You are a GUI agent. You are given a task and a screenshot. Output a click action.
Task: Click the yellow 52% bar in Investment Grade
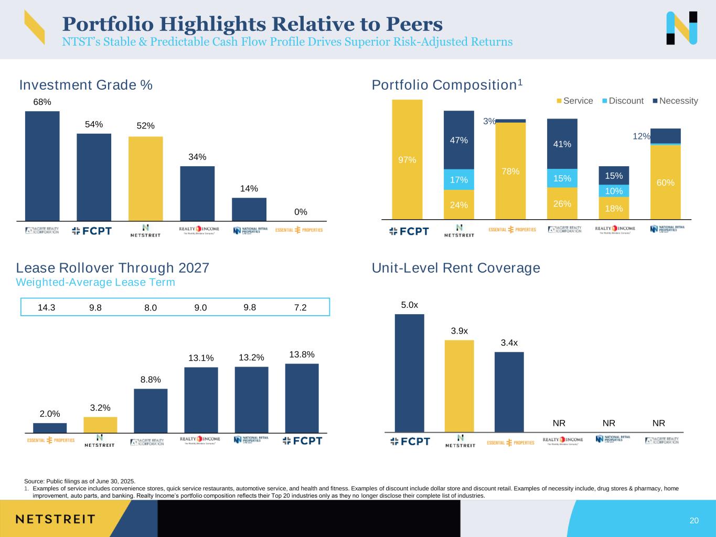(x=145, y=178)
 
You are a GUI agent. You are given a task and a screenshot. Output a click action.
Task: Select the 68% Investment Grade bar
(x=42, y=166)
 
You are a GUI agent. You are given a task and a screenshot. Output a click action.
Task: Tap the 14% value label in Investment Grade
(x=249, y=189)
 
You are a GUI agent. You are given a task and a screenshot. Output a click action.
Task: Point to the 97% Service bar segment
(x=407, y=159)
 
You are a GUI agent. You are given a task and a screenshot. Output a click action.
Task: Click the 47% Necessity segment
(x=458, y=140)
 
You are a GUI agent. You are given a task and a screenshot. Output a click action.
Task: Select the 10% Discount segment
(x=614, y=191)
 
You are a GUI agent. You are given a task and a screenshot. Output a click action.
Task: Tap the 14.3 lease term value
(x=47, y=308)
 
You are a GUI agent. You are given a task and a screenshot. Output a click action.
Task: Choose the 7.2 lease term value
(x=300, y=308)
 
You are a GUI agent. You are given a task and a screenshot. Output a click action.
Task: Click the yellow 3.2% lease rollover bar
(x=100, y=425)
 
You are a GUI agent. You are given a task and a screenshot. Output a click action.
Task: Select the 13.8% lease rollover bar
(x=302, y=398)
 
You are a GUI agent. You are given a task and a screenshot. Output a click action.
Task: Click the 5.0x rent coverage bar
(x=409, y=373)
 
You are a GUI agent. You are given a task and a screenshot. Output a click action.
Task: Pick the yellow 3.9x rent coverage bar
(x=459, y=386)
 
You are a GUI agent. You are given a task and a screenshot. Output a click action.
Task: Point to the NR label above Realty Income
(x=559, y=423)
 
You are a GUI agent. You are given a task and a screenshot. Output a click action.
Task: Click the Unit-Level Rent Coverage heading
(x=455, y=268)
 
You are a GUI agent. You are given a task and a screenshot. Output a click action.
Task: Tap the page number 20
(x=694, y=521)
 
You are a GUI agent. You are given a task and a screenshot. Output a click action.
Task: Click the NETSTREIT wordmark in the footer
(x=55, y=519)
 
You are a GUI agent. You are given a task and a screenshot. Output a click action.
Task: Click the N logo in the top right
(x=681, y=28)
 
